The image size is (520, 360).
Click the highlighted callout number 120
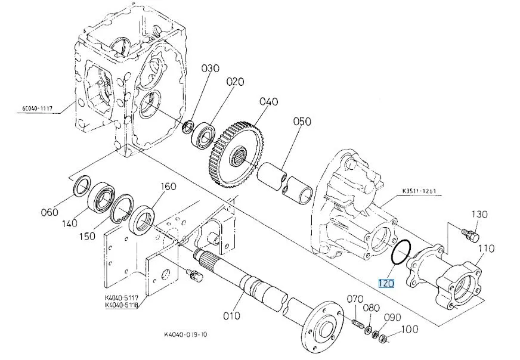[386, 284]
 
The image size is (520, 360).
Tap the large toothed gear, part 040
[237, 156]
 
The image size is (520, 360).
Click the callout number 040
[269, 101]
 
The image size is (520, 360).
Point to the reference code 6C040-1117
[38, 108]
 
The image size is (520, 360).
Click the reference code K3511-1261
[419, 191]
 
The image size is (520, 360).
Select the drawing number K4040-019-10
[185, 334]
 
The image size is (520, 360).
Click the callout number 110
[486, 249]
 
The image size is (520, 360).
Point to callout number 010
[231, 316]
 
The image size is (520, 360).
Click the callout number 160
[169, 187]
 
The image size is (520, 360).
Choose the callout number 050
[302, 122]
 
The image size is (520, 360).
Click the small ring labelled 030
[188, 128]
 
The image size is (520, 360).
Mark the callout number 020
[236, 82]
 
